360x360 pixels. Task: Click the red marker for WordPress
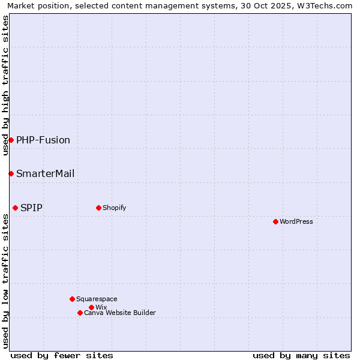275,221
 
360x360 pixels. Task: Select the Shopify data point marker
98,208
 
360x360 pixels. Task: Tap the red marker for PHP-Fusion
11,140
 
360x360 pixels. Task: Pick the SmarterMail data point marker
11,173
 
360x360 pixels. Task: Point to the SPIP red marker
15,208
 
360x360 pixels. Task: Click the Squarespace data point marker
72,299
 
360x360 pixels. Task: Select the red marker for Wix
91,307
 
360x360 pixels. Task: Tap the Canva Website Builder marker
80,313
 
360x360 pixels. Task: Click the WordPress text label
296,221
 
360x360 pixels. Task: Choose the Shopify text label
115,208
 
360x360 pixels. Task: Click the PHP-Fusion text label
43,140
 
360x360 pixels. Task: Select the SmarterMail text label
46,173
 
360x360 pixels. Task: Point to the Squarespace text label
97,299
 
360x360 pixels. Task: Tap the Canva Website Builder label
120,313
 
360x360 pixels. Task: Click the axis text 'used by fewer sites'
62,355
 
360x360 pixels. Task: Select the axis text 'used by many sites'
301,355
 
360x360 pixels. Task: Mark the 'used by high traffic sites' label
5,85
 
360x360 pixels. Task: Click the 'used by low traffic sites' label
5,281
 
